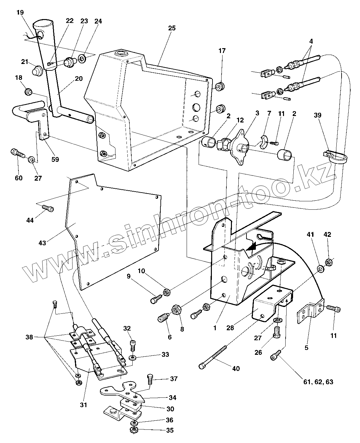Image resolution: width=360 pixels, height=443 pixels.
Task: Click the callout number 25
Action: (172, 28)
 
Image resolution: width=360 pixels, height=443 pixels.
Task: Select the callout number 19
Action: (20, 13)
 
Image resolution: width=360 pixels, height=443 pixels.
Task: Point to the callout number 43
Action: (42, 242)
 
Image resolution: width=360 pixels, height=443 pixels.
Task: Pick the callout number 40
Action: (236, 368)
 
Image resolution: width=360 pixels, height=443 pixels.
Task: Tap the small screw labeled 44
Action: (48, 208)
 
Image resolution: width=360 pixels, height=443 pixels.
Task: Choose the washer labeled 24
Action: (82, 59)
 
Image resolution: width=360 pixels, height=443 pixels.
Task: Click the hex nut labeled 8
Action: (177, 310)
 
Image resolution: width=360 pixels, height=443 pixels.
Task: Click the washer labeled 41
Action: (321, 269)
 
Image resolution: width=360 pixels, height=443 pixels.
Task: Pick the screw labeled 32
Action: (132, 345)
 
